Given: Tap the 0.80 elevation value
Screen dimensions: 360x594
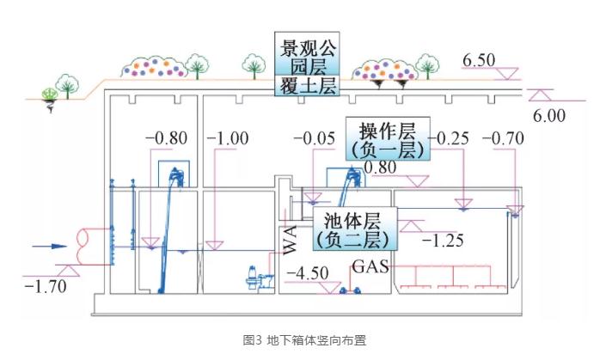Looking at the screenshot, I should pyautogui.click(x=381, y=168).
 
